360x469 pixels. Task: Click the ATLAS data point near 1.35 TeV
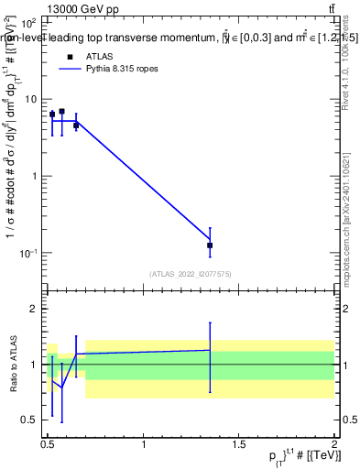[210, 245]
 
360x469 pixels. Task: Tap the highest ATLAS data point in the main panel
[61, 112]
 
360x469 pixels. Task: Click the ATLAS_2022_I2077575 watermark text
[191, 273]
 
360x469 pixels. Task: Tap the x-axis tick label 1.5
[239, 444]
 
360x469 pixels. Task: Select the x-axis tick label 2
[334, 444]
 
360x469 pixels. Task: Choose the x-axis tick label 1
[144, 444]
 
